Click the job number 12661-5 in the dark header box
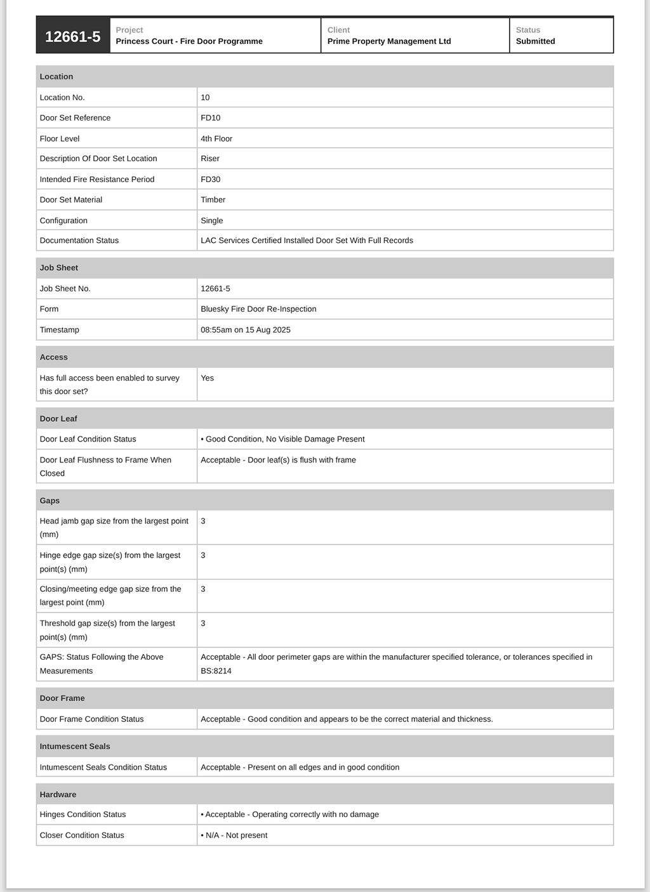tap(72, 37)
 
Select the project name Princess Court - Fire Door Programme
tap(189, 41)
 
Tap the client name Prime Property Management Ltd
tap(388, 41)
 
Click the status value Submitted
tap(535, 41)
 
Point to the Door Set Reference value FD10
tap(210, 118)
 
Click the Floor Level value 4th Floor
tap(216, 138)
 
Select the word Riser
tap(210, 159)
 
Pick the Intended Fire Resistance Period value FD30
tap(210, 180)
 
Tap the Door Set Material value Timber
tap(213, 200)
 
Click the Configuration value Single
tap(211, 221)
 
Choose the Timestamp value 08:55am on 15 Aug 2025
tap(245, 330)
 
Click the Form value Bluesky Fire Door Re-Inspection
tap(258, 309)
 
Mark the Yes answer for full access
tap(207, 378)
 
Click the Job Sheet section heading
tap(59, 268)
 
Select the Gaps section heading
tap(50, 501)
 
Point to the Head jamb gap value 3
tap(203, 521)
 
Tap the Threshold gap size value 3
tap(203, 623)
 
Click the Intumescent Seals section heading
tap(75, 746)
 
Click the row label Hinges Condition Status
tap(83, 815)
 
